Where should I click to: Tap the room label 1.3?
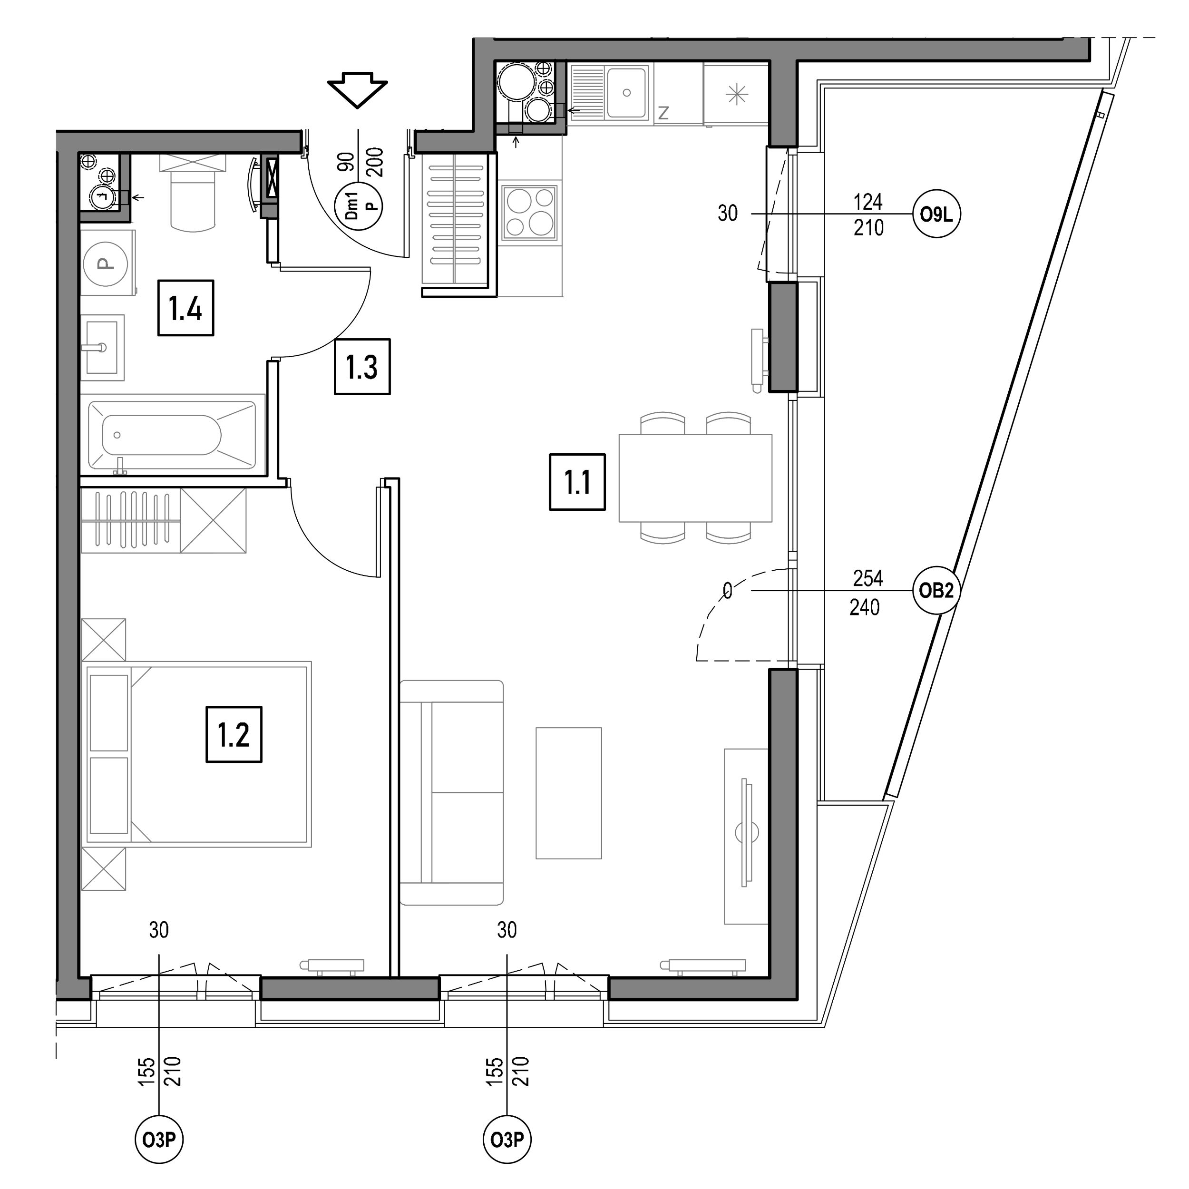pos(362,366)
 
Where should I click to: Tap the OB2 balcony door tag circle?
pos(936,591)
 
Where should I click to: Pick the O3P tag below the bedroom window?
pos(159,1140)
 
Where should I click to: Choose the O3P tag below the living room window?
pos(507,1140)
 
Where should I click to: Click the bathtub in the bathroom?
pos(172,435)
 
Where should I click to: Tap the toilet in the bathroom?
pos(193,192)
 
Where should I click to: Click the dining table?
pos(695,478)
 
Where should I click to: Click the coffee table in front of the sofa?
pos(569,793)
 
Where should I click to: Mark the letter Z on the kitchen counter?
pos(663,113)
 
